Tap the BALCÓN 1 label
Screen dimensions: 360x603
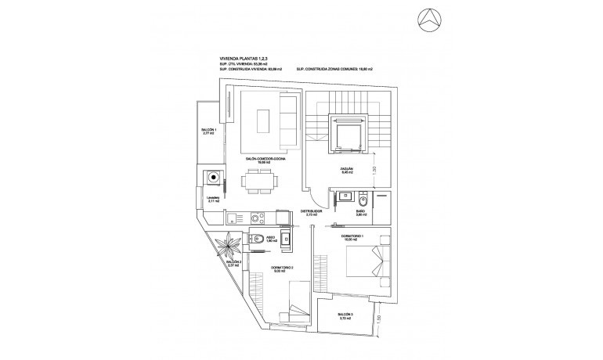(208, 131)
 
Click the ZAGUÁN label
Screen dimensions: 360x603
(348, 169)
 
